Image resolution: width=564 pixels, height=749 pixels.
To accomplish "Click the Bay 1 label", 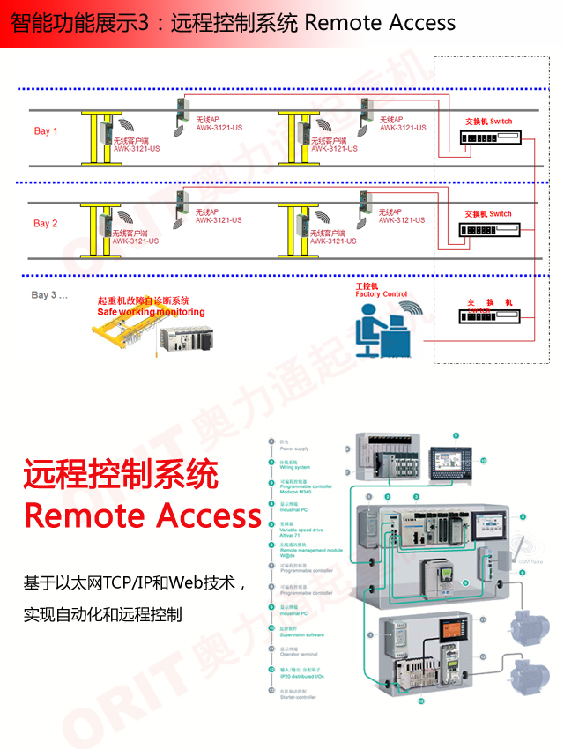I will [46, 131].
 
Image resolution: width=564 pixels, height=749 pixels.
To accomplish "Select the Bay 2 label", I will [46, 224].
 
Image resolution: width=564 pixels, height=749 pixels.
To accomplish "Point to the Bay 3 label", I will [49, 295].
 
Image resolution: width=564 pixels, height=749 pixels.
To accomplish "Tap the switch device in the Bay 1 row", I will [489, 138].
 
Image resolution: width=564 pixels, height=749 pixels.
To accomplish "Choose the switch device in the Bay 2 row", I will [489, 231].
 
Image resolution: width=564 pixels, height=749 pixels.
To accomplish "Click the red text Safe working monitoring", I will [151, 312].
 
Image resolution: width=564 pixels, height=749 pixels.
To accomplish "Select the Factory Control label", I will [382, 294].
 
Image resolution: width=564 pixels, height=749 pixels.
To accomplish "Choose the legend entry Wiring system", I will [295, 467].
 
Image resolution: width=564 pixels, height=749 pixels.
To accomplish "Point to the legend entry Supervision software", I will [302, 634].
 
